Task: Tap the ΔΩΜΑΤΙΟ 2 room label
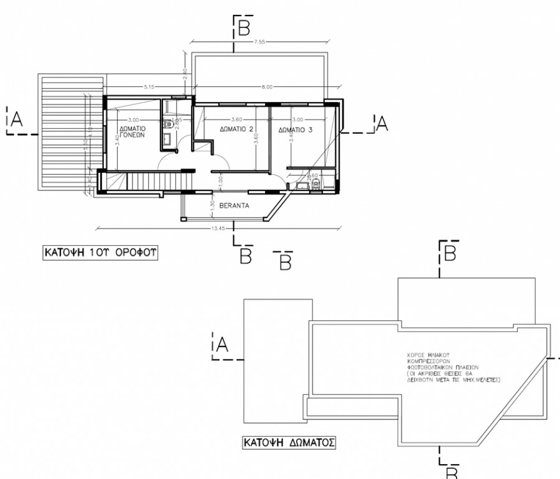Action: point(236,129)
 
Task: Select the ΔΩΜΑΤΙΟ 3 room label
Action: point(296,130)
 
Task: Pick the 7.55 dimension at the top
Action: point(260,42)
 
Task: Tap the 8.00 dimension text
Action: point(266,87)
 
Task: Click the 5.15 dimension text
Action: point(148,87)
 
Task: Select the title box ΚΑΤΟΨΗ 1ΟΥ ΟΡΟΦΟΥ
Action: point(98,254)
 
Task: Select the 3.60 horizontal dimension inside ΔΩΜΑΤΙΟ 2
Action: point(236,119)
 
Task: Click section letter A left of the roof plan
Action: point(222,346)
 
